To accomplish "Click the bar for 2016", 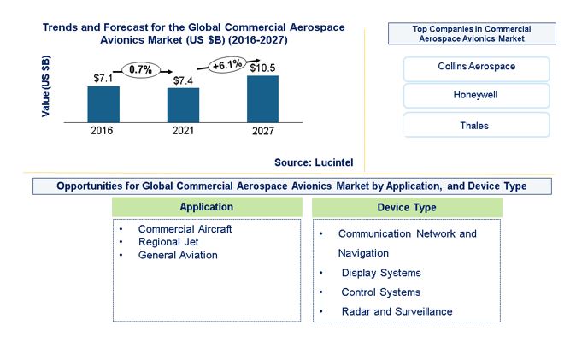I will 103,103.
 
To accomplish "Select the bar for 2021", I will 183,104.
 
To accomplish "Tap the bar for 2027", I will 262,98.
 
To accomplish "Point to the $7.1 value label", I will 103,78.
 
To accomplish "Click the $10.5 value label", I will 263,67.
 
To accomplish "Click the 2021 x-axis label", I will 183,131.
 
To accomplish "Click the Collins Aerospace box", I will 476,67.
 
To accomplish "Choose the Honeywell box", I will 476,95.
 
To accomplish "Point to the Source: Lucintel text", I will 314,162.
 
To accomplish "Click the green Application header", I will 207,207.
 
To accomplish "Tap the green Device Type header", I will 407,207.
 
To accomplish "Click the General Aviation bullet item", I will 178,255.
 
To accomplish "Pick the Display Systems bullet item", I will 381,273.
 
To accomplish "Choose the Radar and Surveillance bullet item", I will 397,311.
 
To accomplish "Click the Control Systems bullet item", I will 381,292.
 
